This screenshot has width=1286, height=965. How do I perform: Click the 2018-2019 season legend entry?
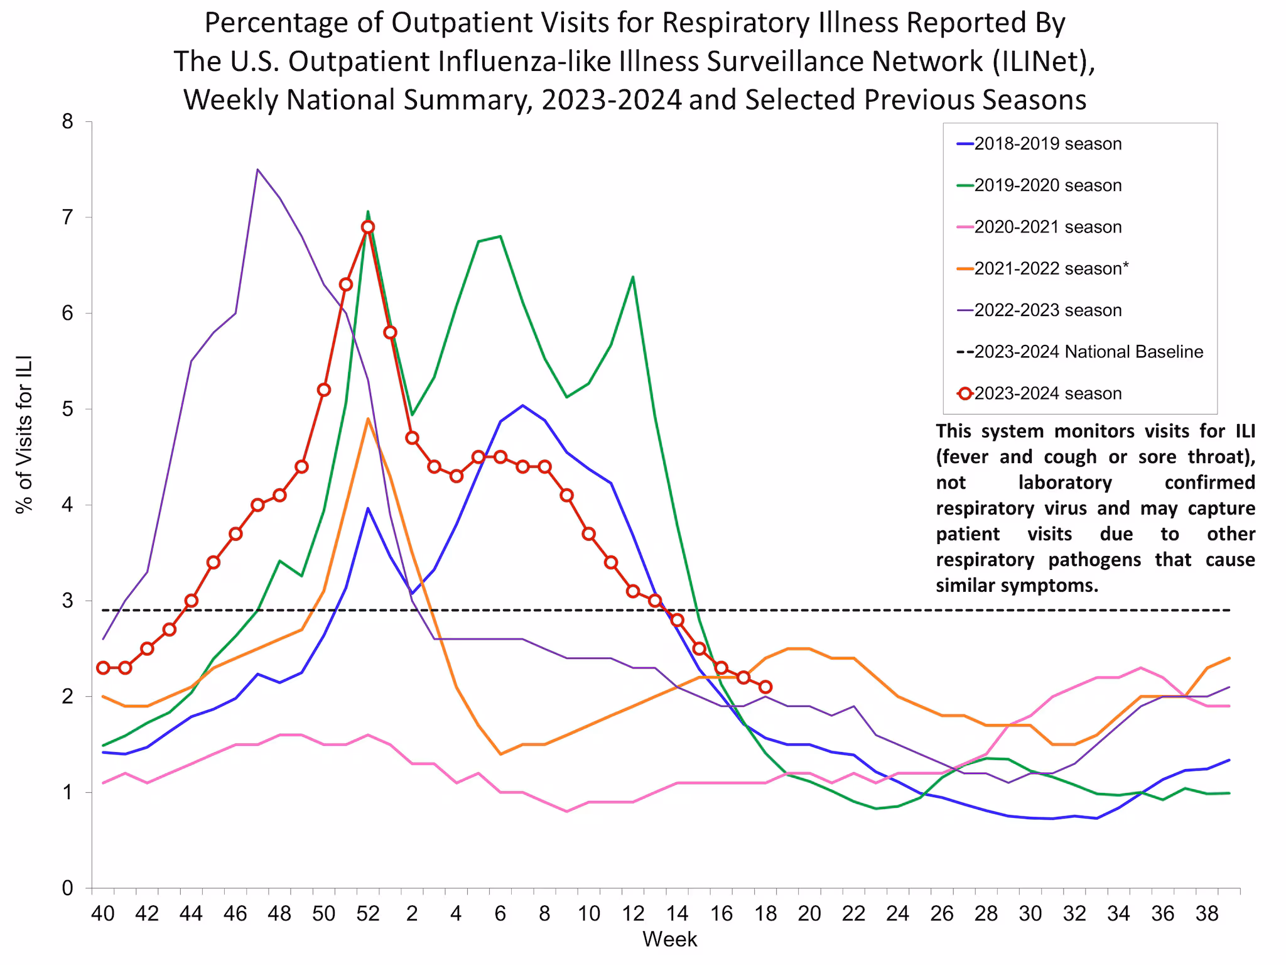coord(1047,144)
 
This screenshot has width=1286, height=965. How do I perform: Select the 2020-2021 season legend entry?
coord(1047,227)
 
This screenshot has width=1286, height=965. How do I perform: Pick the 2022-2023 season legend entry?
coord(1047,310)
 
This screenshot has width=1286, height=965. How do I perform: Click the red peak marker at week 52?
coord(368,227)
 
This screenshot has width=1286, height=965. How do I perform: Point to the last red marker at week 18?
coord(765,687)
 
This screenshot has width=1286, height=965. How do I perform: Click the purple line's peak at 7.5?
coord(257,170)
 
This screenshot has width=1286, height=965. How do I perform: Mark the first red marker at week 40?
coord(104,668)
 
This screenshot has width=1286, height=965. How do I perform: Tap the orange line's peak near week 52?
coord(368,419)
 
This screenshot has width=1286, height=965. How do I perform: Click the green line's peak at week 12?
coord(632,277)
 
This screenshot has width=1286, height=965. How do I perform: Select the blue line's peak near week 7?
coord(522,405)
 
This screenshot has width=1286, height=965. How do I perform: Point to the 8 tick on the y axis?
coord(68,122)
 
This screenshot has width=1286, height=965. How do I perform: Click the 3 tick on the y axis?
coord(68,601)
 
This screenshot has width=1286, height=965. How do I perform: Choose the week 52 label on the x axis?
coord(368,913)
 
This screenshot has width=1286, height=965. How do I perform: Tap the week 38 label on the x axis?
coord(1207,913)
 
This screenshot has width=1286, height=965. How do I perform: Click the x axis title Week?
coord(669,939)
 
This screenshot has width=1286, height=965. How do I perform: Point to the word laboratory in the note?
coord(1065,482)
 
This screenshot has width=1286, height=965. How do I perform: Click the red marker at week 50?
coord(324,390)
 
